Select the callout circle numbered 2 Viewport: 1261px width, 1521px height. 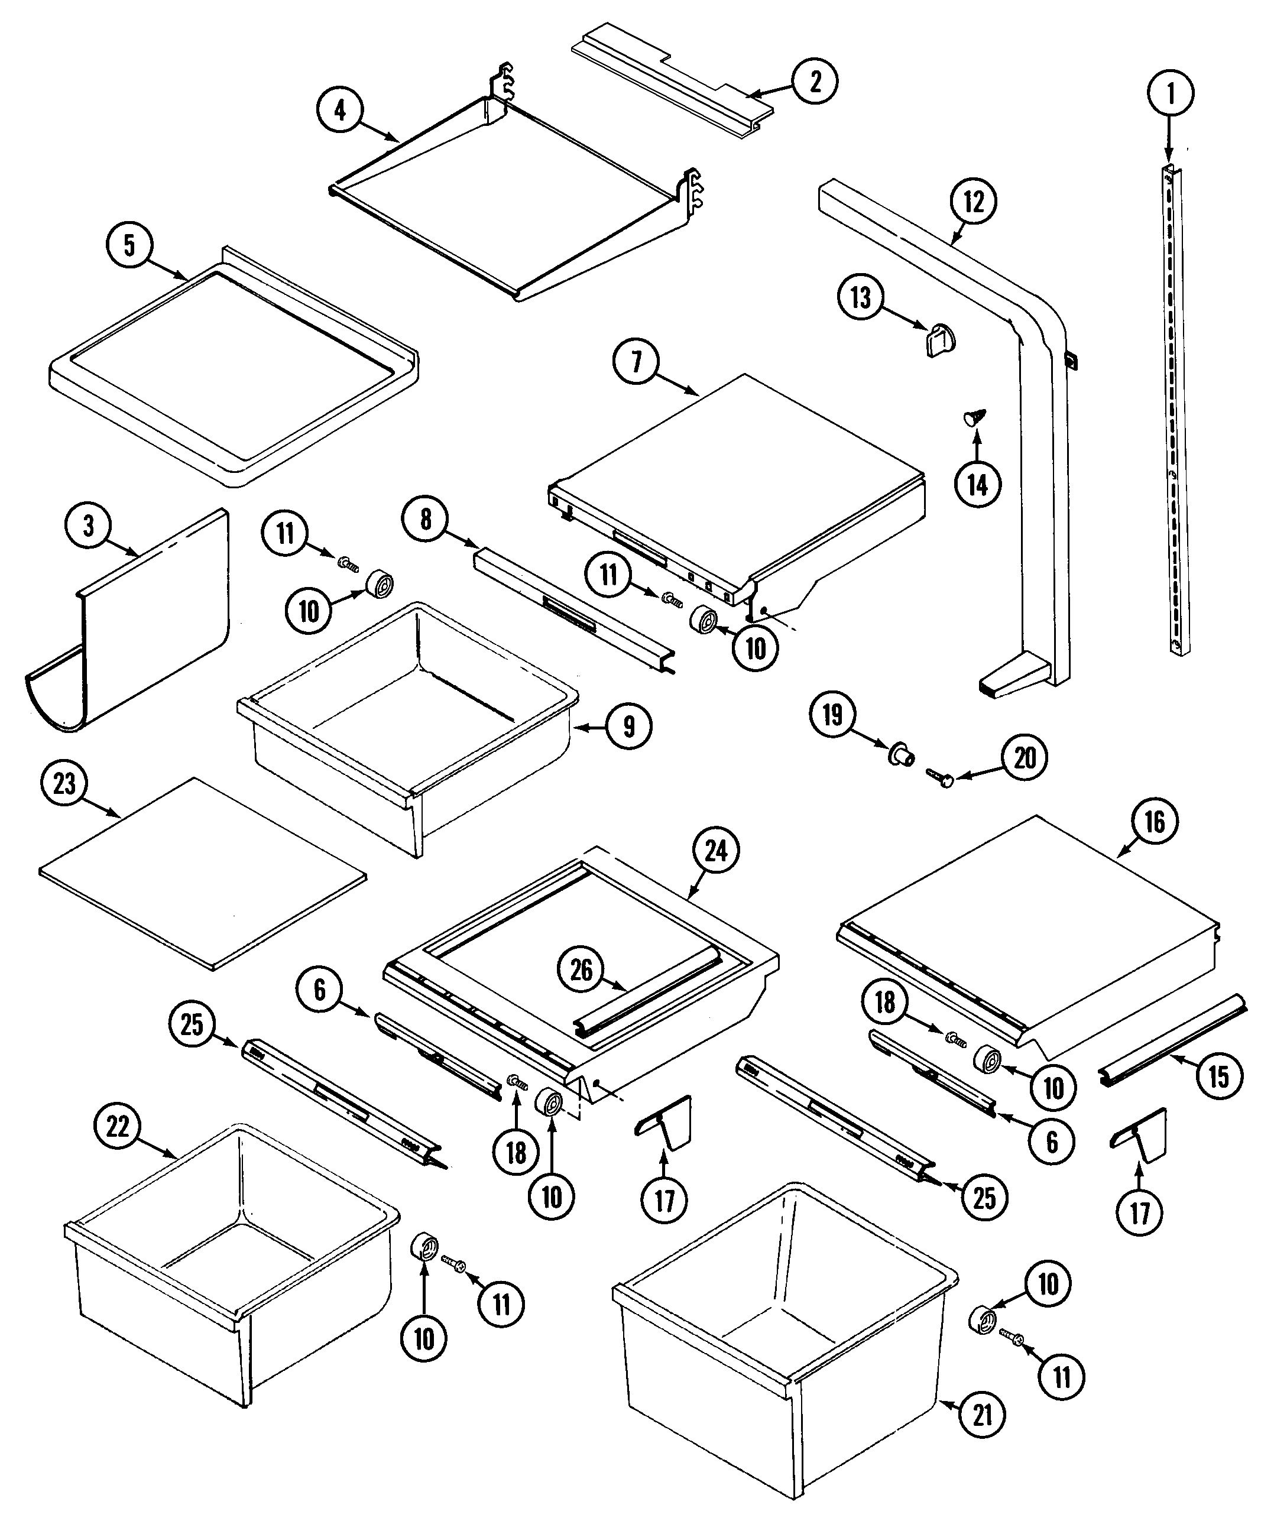[815, 81]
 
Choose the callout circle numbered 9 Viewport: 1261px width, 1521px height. [628, 726]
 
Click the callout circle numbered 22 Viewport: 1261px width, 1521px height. [118, 1127]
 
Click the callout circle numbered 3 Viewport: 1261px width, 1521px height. [88, 527]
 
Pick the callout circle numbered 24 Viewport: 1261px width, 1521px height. [715, 851]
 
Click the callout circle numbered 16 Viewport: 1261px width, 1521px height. [1155, 822]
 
